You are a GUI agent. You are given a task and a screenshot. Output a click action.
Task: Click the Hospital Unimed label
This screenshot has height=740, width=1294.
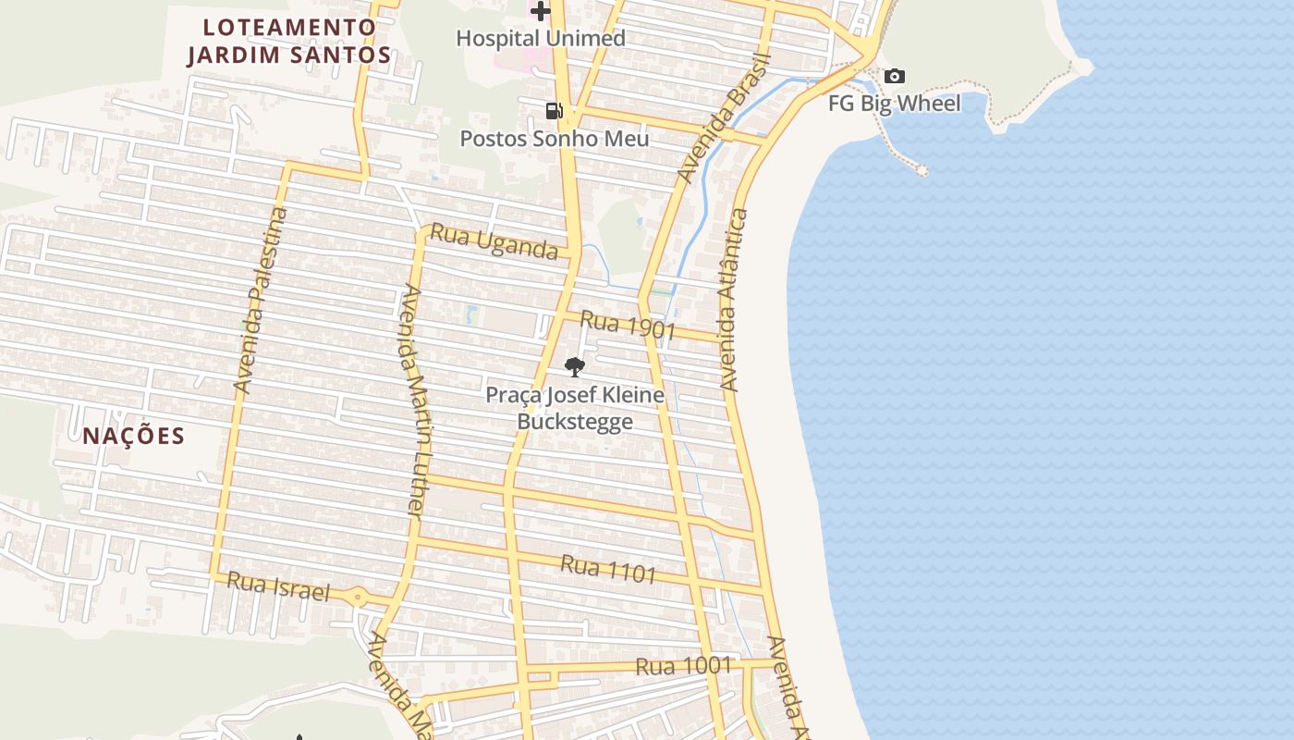[541, 38]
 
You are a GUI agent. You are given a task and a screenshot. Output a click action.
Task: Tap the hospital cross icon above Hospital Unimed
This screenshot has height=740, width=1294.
[541, 11]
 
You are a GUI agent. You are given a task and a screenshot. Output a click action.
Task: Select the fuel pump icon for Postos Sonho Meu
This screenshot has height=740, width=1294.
[554, 111]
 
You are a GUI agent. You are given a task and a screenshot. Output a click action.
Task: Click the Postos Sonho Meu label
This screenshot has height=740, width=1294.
[555, 139]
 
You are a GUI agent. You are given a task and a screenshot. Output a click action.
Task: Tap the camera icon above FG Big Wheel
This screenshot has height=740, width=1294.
[894, 76]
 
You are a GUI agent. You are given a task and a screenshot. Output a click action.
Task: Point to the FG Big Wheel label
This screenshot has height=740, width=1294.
[894, 103]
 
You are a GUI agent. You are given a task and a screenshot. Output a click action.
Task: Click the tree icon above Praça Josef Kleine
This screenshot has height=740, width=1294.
[574, 367]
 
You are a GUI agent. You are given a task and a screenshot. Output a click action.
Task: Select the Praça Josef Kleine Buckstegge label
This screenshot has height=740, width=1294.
[575, 408]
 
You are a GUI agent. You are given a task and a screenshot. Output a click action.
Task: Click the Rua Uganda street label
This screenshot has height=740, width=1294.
[494, 242]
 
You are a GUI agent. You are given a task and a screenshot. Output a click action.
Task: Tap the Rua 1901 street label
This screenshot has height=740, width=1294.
[629, 325]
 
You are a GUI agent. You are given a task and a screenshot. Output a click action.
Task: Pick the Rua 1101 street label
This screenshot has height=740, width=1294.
[608, 569]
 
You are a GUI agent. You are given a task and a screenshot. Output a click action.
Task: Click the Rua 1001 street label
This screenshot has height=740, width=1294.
[683, 666]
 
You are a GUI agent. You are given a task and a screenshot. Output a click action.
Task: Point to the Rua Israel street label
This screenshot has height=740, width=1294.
[278, 586]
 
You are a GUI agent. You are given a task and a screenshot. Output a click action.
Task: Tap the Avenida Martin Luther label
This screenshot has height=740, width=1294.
[413, 401]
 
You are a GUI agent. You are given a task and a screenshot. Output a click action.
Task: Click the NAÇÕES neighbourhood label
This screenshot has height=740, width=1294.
[134, 436]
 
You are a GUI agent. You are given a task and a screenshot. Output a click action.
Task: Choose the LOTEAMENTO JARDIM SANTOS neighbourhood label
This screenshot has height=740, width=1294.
[289, 41]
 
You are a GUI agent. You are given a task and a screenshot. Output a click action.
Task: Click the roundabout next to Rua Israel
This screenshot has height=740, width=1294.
[358, 597]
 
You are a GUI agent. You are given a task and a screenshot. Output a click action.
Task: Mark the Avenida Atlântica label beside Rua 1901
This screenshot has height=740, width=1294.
[733, 300]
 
